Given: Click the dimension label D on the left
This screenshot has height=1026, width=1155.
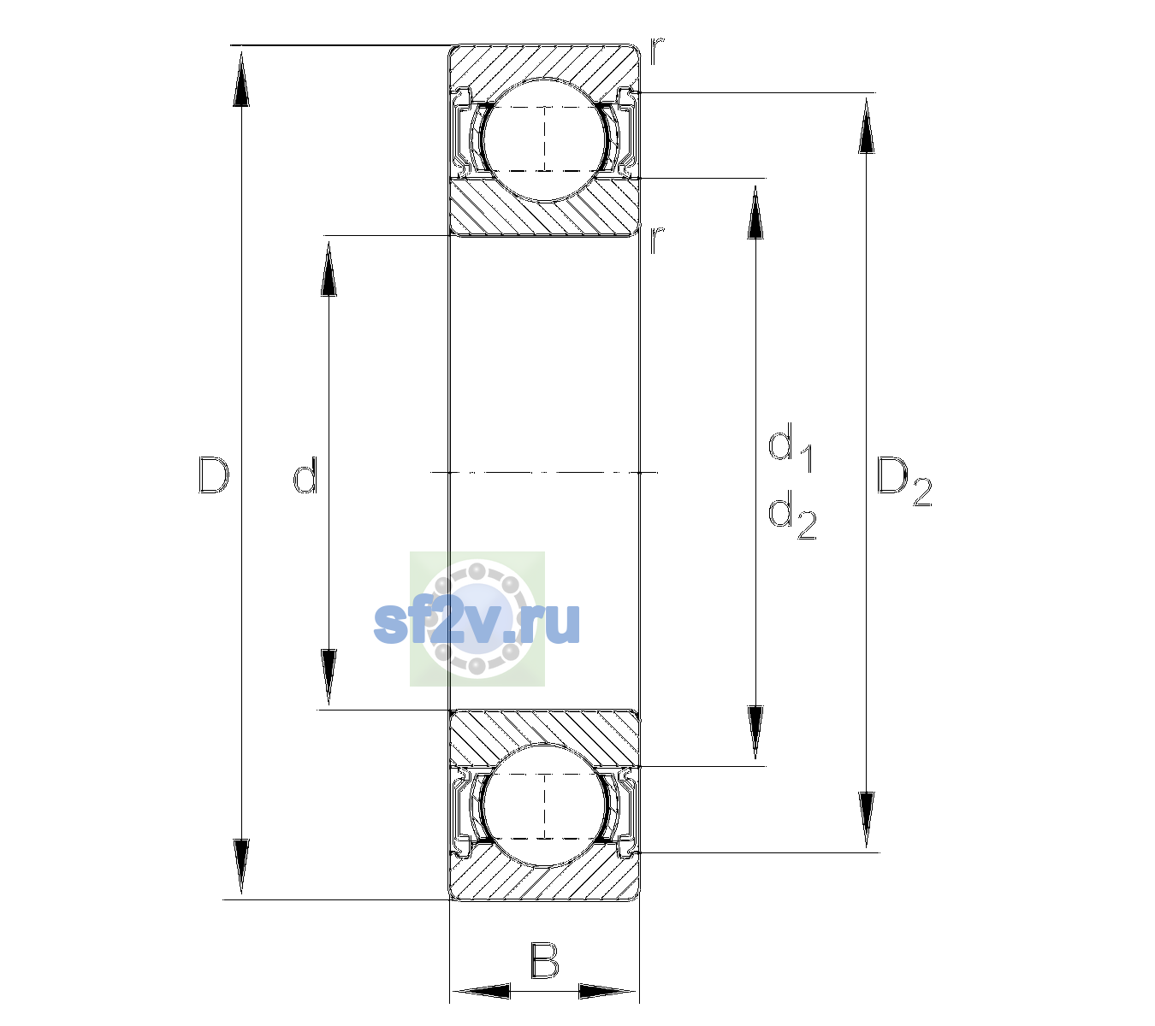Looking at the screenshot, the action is [x=214, y=474].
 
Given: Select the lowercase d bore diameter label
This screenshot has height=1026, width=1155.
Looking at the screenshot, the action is [x=305, y=474].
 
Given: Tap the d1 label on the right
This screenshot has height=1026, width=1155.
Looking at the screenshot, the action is [x=791, y=447].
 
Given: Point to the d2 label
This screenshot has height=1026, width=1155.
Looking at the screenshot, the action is [x=792, y=515].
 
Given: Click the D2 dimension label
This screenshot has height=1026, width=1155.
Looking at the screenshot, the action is [x=903, y=481].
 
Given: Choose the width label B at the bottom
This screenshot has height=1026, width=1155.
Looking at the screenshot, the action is [x=544, y=960].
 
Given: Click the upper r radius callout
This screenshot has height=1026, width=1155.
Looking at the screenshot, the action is [x=657, y=50].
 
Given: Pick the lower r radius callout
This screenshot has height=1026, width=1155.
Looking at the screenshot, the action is [x=657, y=239].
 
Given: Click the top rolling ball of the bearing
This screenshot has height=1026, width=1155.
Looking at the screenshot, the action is [x=544, y=139].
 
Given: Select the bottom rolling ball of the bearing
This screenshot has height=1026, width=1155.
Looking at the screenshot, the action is [x=544, y=806].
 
